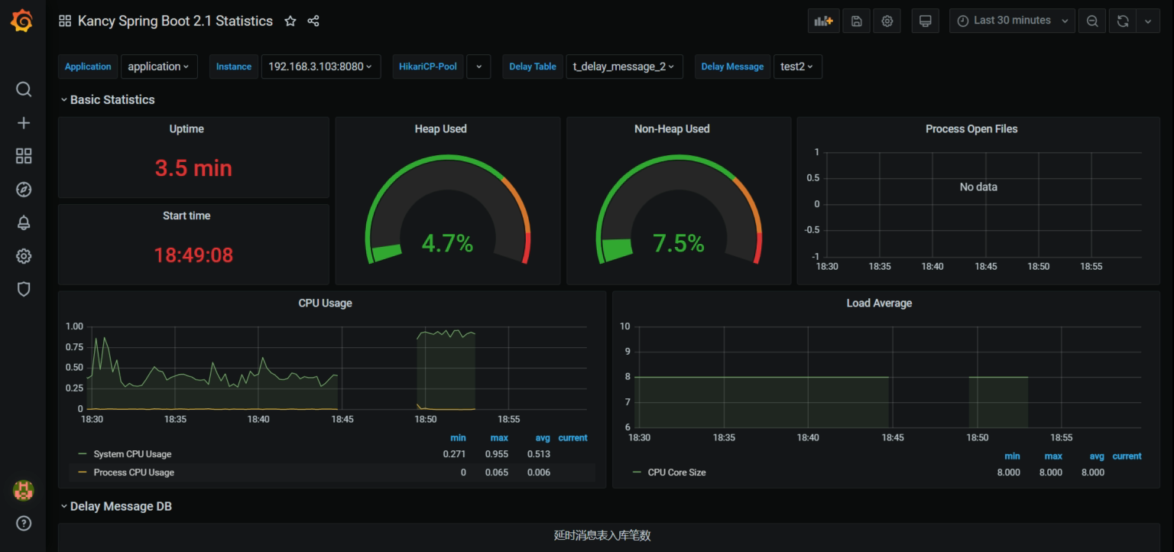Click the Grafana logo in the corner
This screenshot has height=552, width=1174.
point(22,21)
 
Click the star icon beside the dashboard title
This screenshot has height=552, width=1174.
point(290,21)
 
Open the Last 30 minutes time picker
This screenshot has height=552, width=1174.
point(1012,21)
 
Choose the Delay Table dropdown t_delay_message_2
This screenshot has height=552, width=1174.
point(623,67)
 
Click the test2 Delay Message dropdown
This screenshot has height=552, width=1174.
point(797,67)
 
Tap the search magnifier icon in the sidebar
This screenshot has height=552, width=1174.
point(24,89)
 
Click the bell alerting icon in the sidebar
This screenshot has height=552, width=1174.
point(24,222)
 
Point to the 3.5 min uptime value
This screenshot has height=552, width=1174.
point(193,168)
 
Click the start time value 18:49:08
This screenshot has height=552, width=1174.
point(193,255)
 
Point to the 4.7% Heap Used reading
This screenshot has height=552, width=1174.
point(447,243)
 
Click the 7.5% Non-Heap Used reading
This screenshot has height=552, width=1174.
point(679,243)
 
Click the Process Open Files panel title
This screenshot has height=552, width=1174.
point(971,129)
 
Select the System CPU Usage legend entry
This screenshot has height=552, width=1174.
point(132,454)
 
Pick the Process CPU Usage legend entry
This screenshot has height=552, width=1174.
point(134,472)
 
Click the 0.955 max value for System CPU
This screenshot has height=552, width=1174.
point(497,454)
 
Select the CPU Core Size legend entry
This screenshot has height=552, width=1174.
point(676,472)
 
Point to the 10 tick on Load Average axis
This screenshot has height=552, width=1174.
point(624,326)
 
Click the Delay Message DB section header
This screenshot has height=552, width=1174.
point(121,506)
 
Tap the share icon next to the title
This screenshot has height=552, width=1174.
point(313,21)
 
